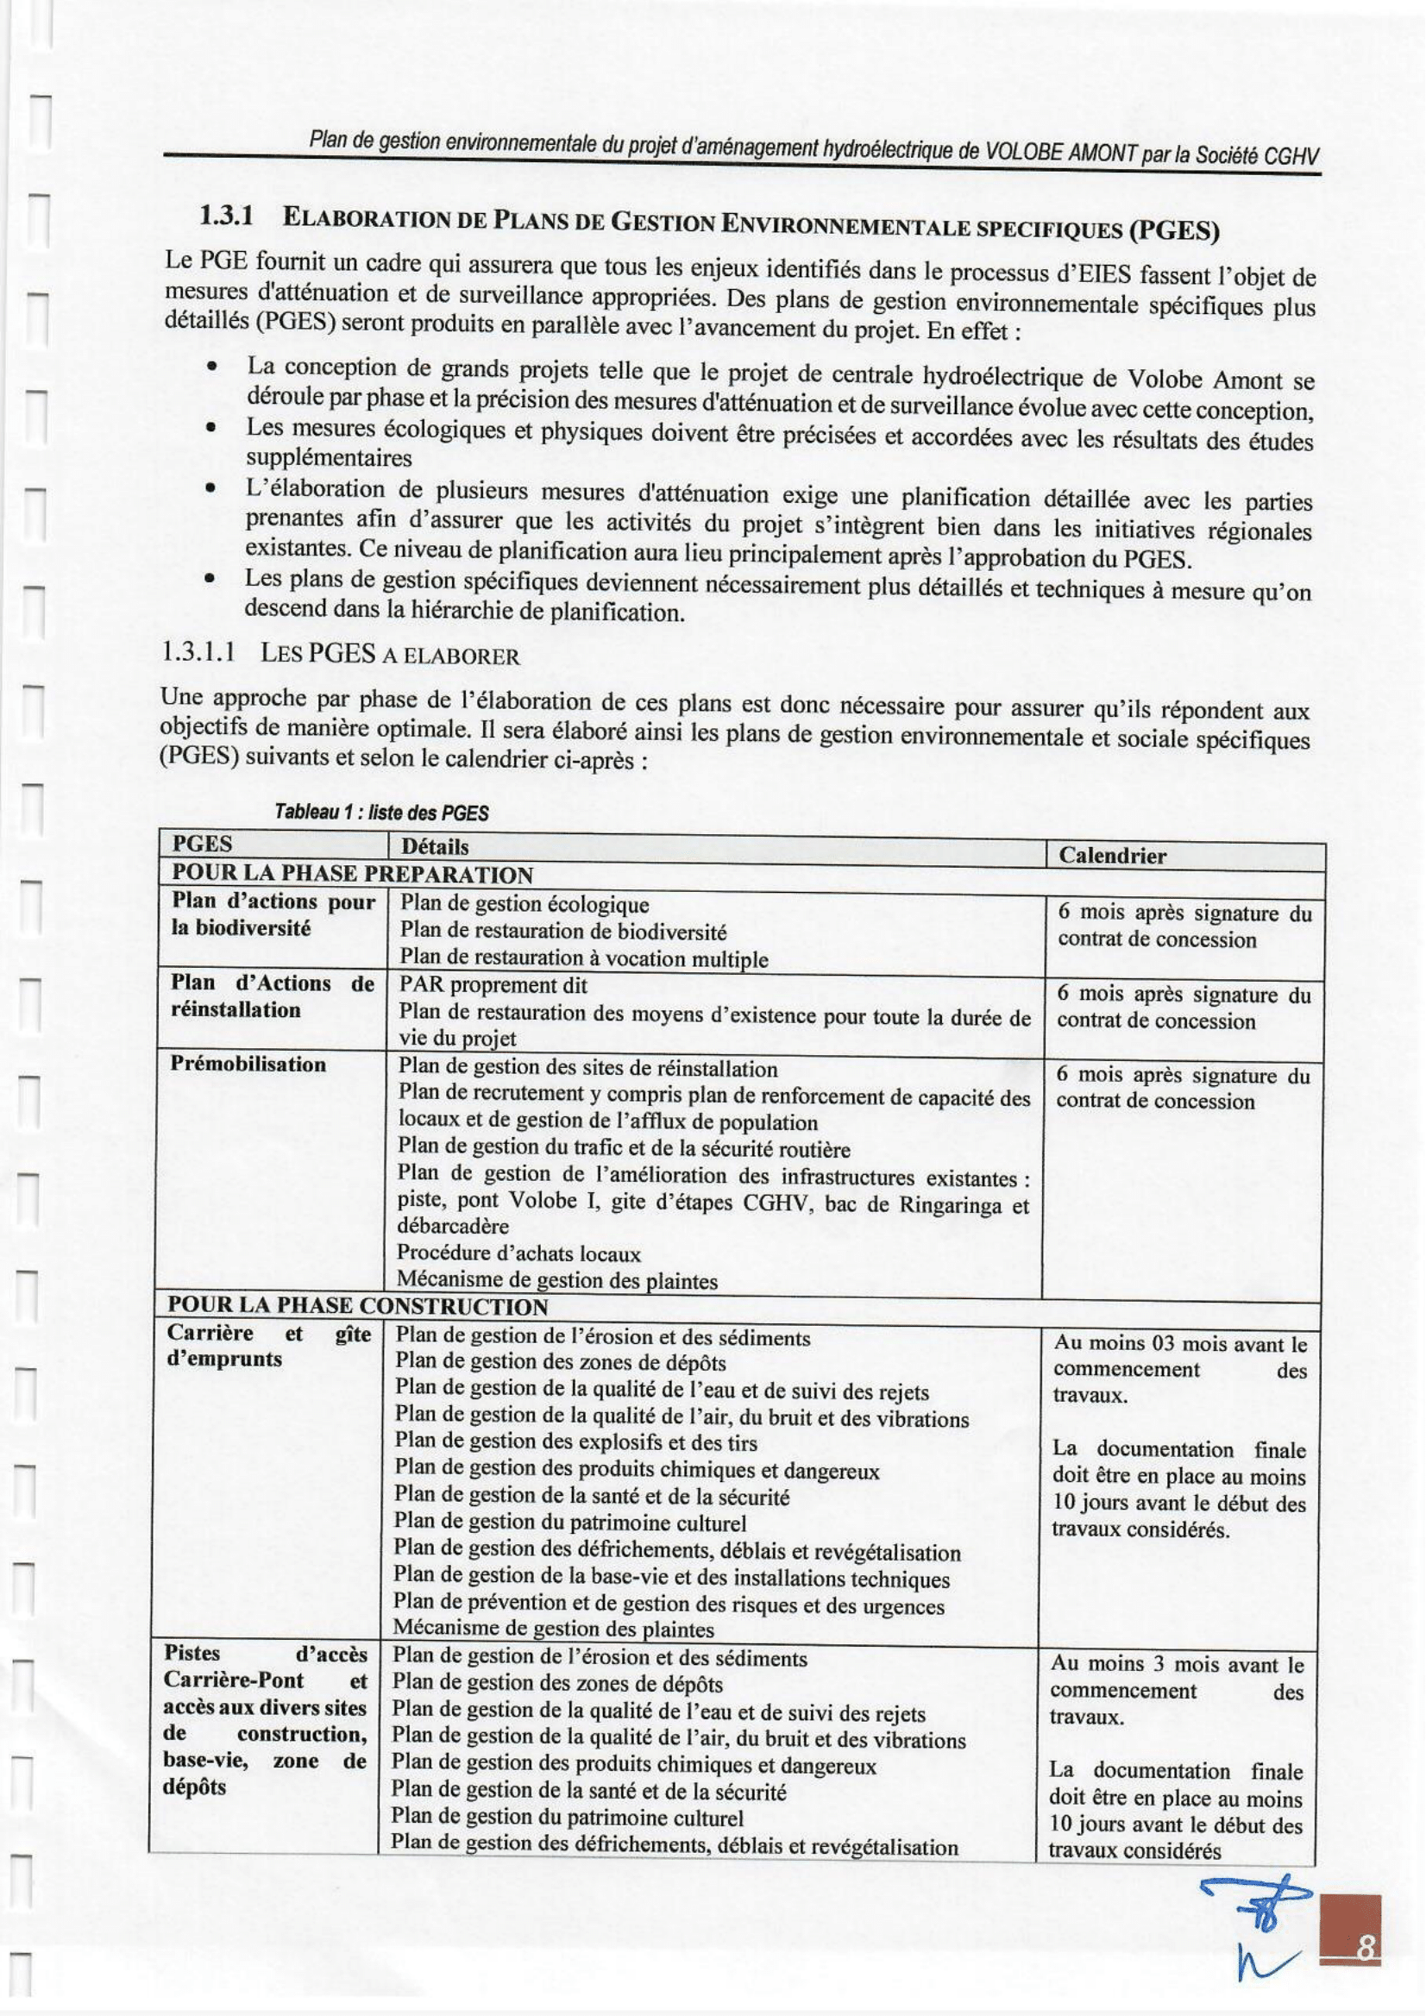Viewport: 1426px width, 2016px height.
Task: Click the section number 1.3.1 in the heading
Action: point(226,214)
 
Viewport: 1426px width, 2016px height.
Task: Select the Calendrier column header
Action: point(1112,856)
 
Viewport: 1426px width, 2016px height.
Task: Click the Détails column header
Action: point(435,846)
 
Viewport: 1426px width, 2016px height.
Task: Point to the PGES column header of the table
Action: point(202,844)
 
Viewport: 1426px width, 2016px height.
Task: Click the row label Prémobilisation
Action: point(248,1065)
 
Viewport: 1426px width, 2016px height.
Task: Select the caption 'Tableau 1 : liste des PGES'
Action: point(381,813)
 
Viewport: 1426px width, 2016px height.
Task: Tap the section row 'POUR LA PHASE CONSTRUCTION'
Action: point(357,1306)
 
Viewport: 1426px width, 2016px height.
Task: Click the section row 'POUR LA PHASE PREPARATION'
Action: point(352,875)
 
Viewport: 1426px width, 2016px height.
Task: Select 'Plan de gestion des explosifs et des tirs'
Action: point(575,1441)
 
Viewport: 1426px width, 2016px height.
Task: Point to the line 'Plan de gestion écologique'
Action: point(525,903)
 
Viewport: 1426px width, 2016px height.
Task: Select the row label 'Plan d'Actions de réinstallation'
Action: point(273,995)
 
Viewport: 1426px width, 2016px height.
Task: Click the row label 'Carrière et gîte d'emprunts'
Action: point(268,1345)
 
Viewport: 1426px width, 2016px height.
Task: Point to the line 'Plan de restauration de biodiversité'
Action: point(562,931)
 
